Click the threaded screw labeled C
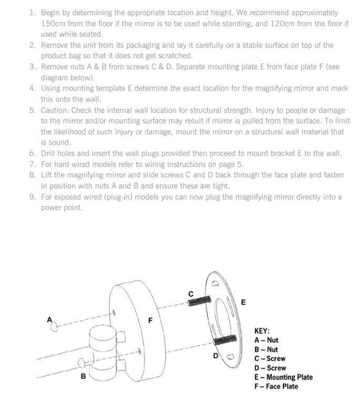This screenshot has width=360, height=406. click(x=199, y=302)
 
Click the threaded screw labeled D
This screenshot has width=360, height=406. click(x=225, y=340)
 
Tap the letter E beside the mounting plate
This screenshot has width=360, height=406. click(x=243, y=302)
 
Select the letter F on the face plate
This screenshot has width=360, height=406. click(x=151, y=321)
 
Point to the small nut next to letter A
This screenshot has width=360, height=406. click(x=54, y=327)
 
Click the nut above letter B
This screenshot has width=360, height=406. click(x=82, y=363)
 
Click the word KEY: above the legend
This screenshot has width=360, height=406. click(x=262, y=331)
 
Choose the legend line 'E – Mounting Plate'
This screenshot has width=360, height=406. click(x=284, y=377)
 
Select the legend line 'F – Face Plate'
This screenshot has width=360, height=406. click(x=276, y=386)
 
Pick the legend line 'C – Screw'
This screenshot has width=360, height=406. click(x=270, y=359)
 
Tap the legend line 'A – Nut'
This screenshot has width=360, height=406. click(x=266, y=341)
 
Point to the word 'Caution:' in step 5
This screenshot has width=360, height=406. click(x=55, y=110)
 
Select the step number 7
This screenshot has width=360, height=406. click(x=32, y=164)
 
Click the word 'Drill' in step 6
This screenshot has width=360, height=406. click(x=48, y=153)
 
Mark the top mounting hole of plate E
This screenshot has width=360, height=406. click(x=215, y=283)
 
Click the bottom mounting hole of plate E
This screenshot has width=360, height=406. click(x=230, y=357)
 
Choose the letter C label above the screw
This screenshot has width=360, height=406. click(x=191, y=294)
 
